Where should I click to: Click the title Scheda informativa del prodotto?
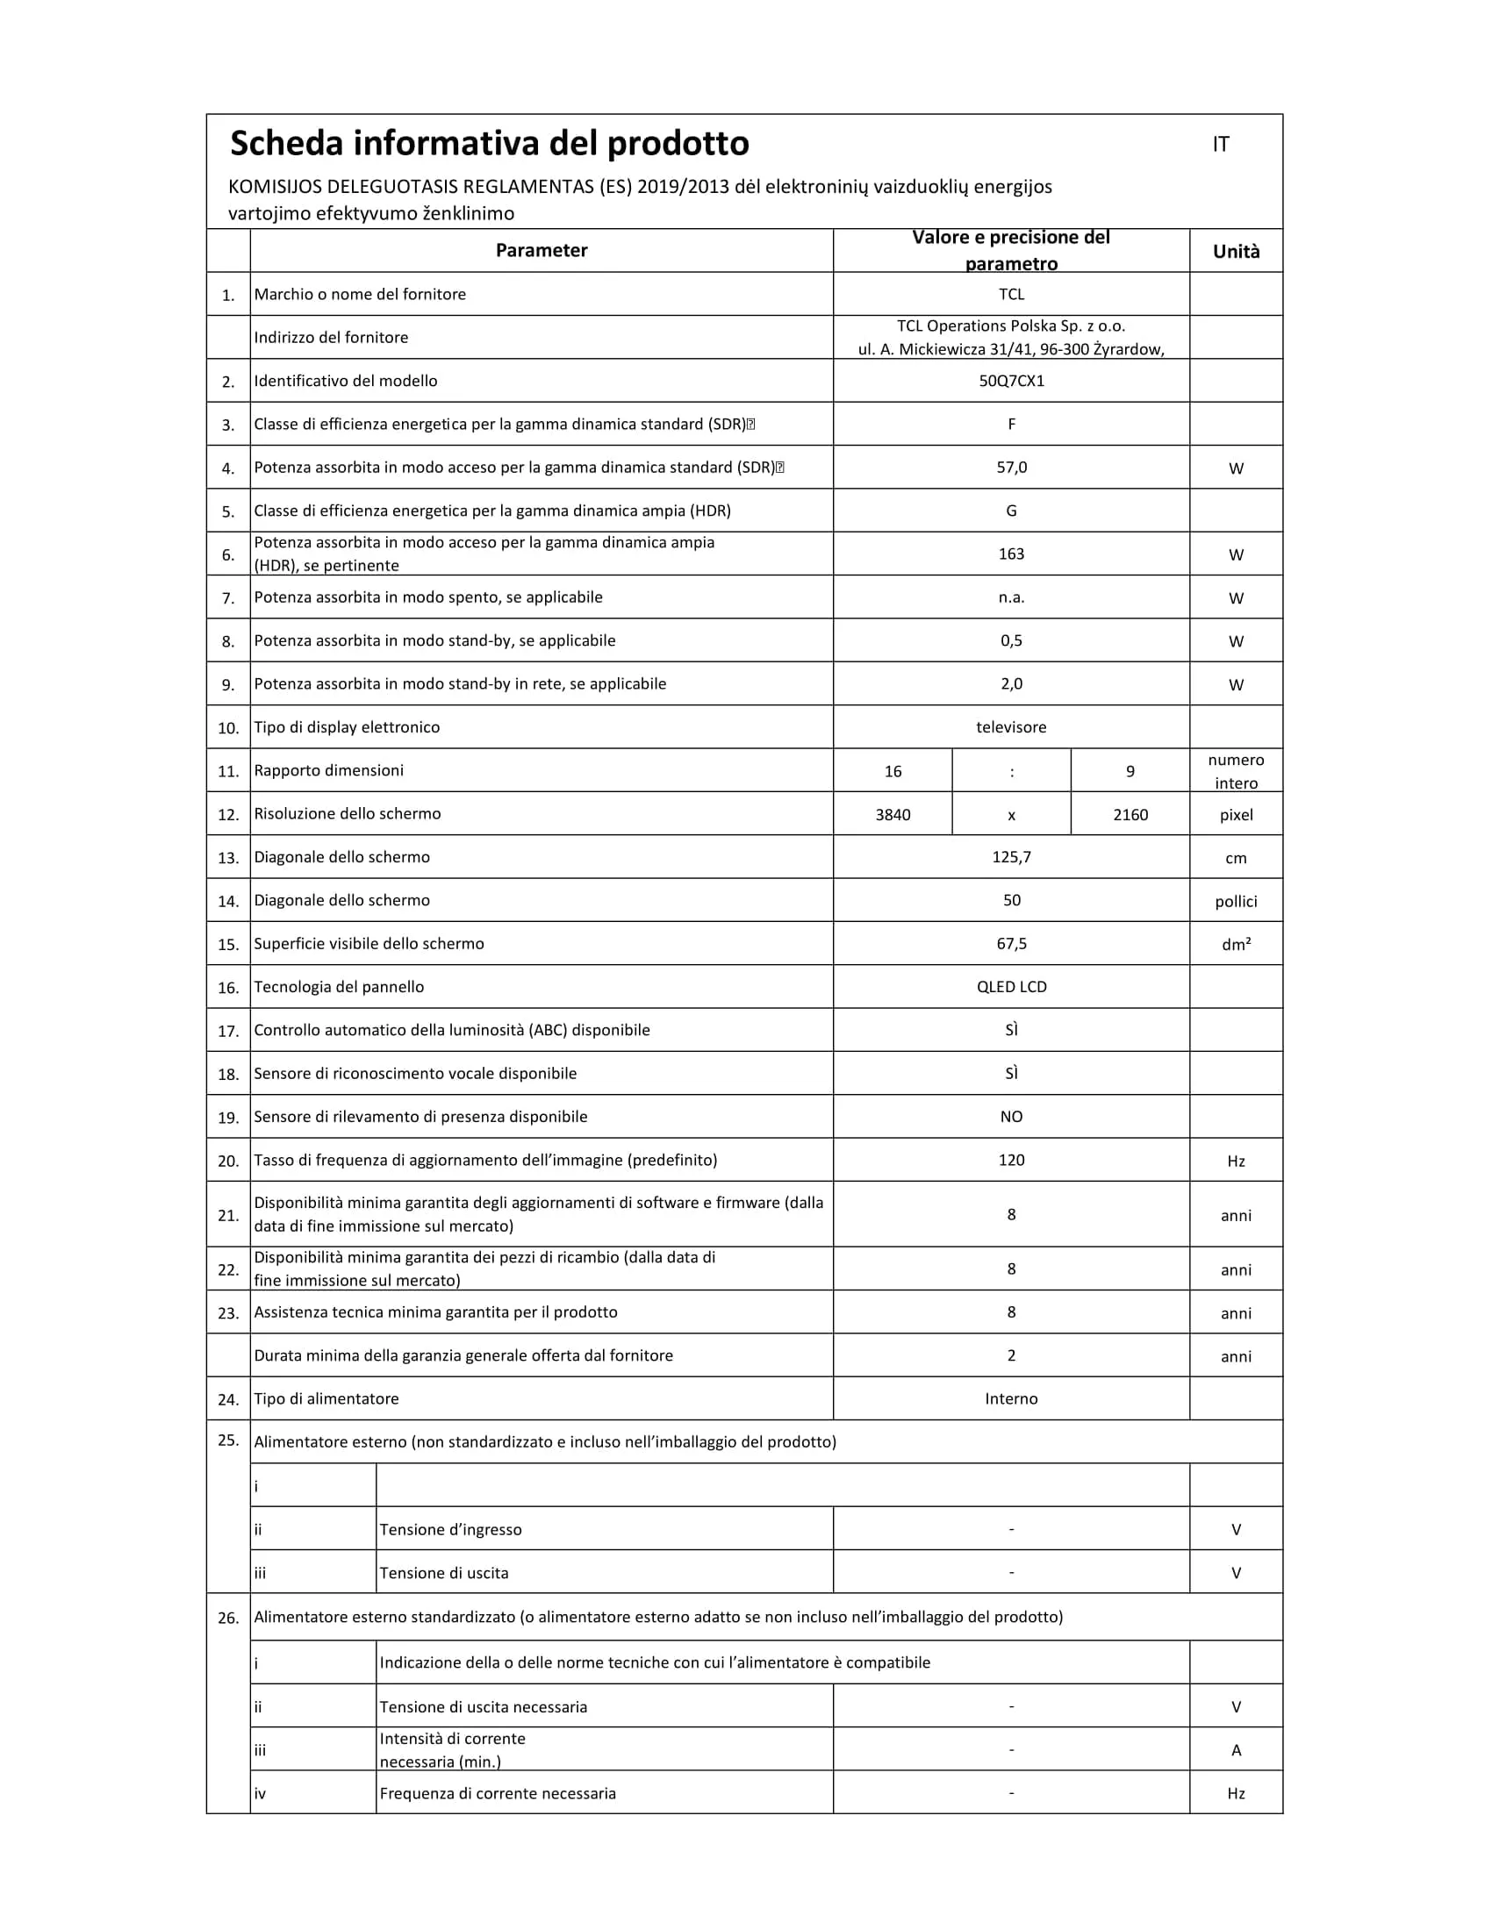coord(489,144)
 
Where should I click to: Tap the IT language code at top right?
coord(1221,145)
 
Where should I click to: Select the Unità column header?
coord(1236,252)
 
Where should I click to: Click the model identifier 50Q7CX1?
coord(1011,382)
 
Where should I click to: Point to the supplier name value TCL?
coord(1011,294)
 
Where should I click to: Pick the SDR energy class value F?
coord(1011,425)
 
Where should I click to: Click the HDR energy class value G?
coord(1011,511)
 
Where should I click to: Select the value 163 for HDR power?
coord(1011,554)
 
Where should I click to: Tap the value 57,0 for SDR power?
coord(1011,468)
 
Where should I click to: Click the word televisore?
coord(1011,727)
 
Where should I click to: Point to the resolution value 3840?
coord(893,815)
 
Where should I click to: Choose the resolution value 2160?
coord(1130,815)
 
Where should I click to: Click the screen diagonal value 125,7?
coord(1011,857)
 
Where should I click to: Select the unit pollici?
coord(1236,901)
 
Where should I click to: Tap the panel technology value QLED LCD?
coord(1011,987)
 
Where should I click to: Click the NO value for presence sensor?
coord(1011,1117)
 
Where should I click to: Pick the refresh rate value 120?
coord(1011,1161)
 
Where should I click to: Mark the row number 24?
coord(228,1400)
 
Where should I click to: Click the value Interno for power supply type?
coord(1011,1399)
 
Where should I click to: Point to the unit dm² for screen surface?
coord(1236,945)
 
